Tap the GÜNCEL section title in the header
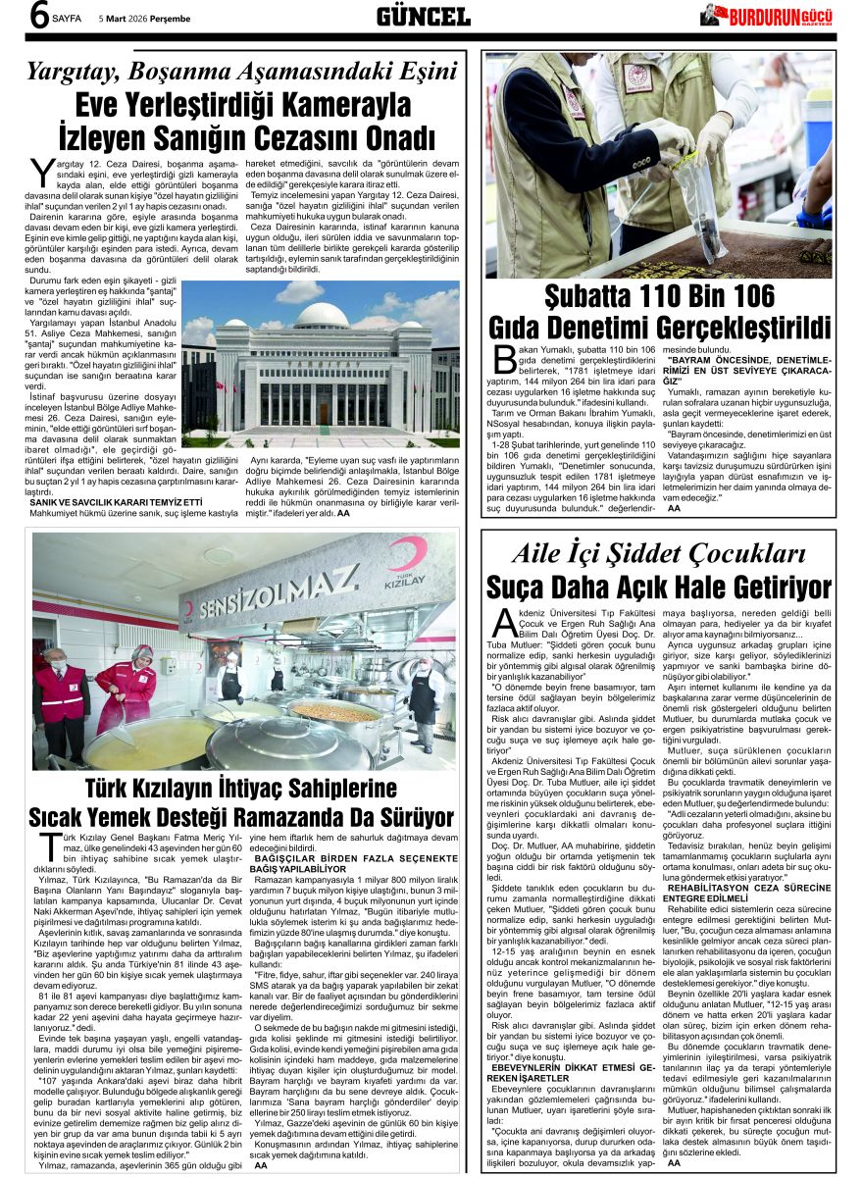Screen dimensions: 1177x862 coord(424,17)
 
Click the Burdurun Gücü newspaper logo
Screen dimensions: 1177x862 coord(767,17)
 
